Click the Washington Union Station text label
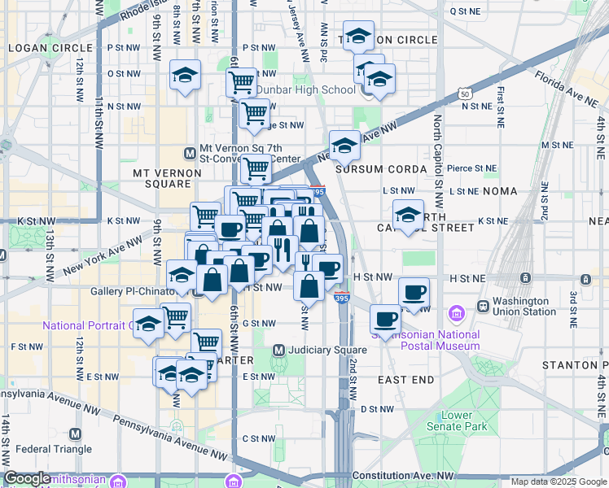526,306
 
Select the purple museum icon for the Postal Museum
455,313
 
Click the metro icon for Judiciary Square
278,351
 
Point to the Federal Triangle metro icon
76,434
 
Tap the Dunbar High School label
294,90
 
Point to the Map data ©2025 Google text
559,481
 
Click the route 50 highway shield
465,95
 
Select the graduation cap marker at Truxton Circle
358,37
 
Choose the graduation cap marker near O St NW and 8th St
185,76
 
